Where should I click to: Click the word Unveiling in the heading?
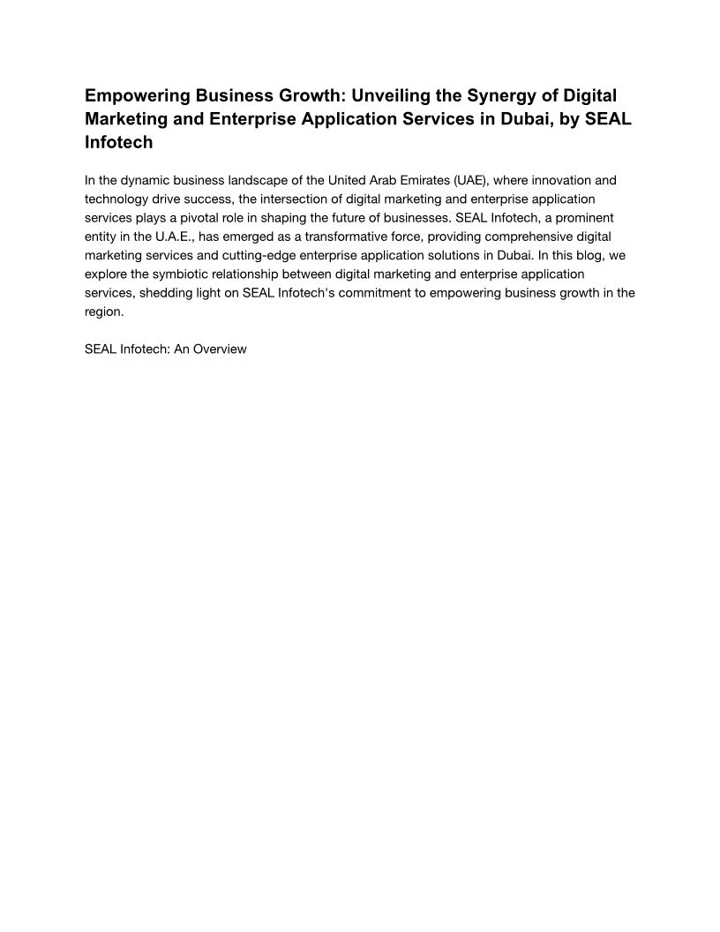tap(391, 95)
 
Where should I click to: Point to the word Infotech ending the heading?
tap(119, 142)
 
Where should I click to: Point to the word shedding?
tap(165, 293)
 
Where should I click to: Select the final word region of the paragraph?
tap(103, 312)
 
